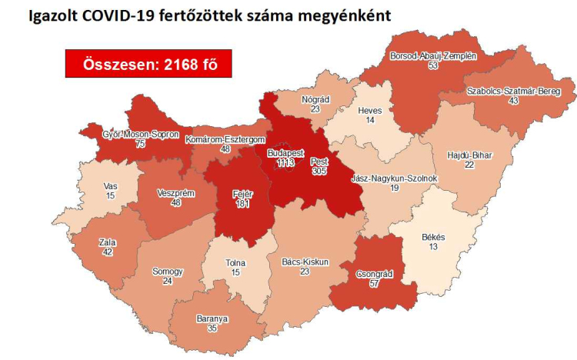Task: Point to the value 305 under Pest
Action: pyautogui.click(x=319, y=172)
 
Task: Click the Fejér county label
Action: pyautogui.click(x=243, y=194)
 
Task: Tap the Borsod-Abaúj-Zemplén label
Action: pyautogui.click(x=434, y=57)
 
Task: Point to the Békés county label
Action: pyautogui.click(x=434, y=237)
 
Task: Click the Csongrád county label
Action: pyautogui.click(x=375, y=273)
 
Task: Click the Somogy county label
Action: pyautogui.click(x=168, y=272)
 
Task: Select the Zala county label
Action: pyautogui.click(x=108, y=242)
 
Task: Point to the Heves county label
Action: pyautogui.click(x=370, y=111)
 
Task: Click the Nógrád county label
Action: pyautogui.click(x=315, y=100)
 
